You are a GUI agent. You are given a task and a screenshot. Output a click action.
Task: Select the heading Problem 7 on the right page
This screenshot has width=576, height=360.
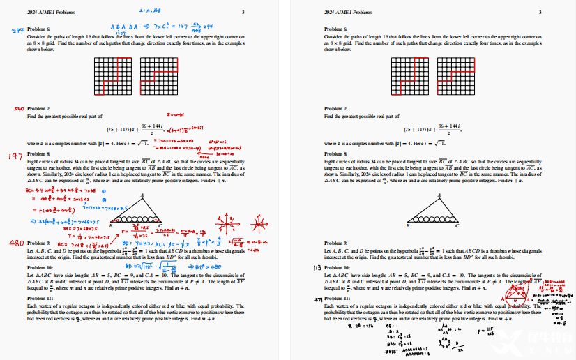(337, 109)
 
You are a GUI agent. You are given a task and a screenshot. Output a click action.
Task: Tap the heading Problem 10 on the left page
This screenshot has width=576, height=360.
(40, 268)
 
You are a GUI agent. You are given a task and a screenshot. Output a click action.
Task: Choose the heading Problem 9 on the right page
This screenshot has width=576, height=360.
(337, 243)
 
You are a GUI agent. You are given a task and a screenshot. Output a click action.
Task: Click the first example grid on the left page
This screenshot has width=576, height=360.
(114, 76)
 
